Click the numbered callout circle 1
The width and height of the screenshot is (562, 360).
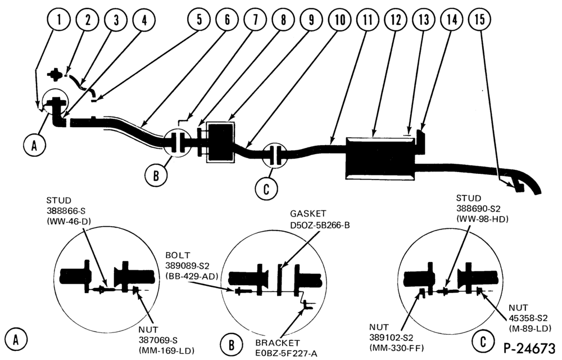(x=59, y=19)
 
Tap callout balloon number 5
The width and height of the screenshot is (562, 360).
(x=199, y=19)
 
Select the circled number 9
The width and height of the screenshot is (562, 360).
(x=311, y=19)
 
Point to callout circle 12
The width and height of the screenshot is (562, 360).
(x=396, y=19)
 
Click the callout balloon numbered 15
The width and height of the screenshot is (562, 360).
(x=480, y=19)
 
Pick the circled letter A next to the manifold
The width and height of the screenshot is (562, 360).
(x=34, y=146)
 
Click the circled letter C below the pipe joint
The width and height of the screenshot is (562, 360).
(x=266, y=188)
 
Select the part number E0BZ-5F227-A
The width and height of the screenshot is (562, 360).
(x=287, y=353)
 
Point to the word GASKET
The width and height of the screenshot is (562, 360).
(x=308, y=214)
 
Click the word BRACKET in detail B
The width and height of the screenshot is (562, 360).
(x=278, y=343)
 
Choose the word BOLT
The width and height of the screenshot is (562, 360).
(x=178, y=256)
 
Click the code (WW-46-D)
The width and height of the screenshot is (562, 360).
(x=69, y=222)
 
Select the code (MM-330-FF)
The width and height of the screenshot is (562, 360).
(x=397, y=348)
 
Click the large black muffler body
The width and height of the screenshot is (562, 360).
(x=380, y=157)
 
